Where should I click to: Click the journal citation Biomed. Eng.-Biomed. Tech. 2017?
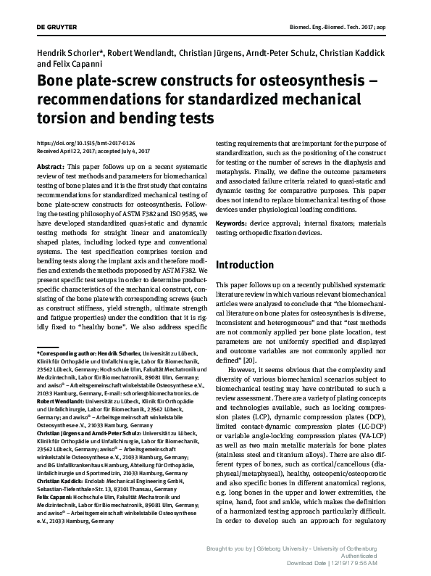(x=354, y=26)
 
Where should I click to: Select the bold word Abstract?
(x=49, y=166)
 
